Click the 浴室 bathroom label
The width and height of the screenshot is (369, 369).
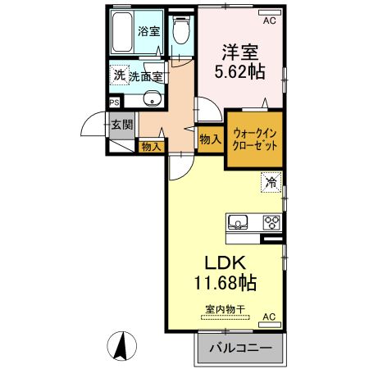click(148, 33)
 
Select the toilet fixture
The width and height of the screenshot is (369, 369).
click(180, 30)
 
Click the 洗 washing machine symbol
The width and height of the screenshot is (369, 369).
click(120, 75)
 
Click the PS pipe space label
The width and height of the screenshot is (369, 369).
click(114, 103)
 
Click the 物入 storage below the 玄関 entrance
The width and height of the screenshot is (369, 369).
click(150, 147)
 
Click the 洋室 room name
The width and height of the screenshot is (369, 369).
click(239, 49)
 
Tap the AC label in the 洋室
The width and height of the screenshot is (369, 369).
click(268, 11)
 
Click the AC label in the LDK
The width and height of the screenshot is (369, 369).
click(268, 316)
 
